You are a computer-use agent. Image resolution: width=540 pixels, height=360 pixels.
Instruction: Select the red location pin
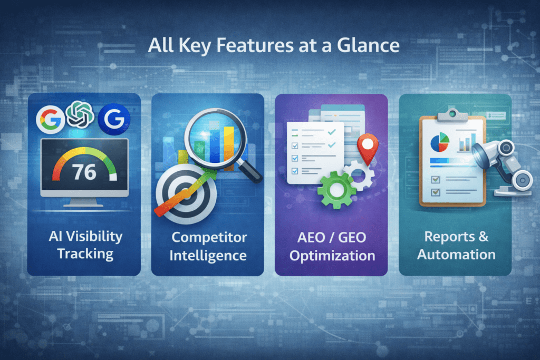click(x=367, y=146)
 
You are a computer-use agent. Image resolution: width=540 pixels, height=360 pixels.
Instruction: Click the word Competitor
click(x=209, y=237)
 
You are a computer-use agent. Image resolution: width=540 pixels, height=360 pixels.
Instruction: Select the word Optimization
click(x=332, y=256)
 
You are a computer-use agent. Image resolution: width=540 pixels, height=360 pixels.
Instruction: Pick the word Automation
click(x=456, y=255)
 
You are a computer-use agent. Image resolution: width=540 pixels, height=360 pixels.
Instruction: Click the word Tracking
click(x=85, y=254)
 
